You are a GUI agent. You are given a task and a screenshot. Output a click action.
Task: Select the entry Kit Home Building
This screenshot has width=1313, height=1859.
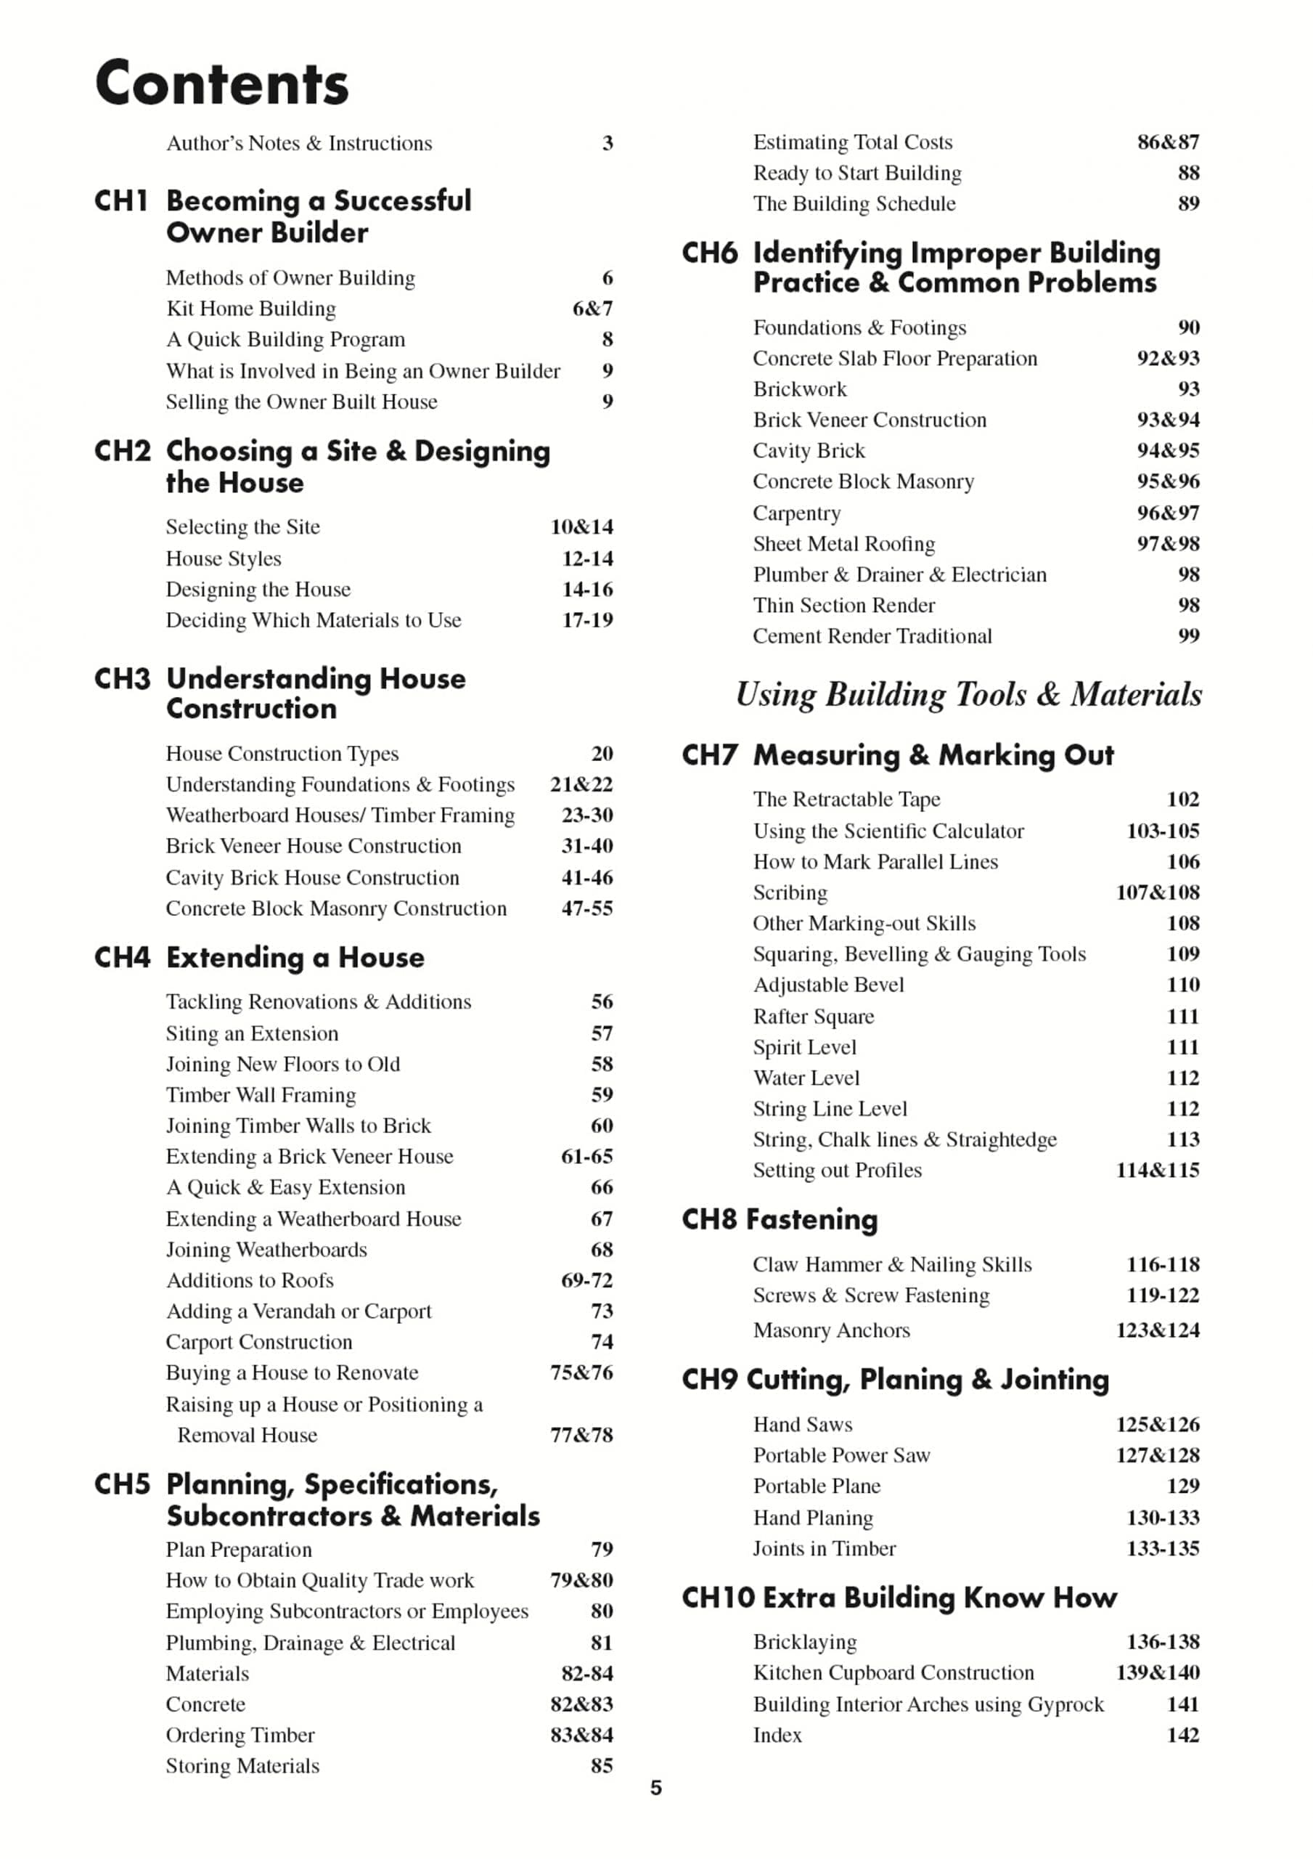251,309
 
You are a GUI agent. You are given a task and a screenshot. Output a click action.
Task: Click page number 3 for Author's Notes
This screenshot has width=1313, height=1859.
607,143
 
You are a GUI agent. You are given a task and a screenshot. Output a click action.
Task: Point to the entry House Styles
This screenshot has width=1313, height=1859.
224,558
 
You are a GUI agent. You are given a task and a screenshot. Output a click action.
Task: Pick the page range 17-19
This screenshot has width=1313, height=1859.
587,620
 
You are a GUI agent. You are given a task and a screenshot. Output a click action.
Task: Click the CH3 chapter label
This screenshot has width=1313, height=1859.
121,678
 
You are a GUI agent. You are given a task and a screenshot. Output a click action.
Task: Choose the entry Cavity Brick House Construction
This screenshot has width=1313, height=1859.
313,878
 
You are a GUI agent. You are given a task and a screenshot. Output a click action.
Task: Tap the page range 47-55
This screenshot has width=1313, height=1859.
587,908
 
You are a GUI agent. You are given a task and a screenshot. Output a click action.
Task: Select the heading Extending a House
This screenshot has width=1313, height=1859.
295,958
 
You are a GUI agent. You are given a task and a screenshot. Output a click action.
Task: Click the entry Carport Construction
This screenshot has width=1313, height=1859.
259,1343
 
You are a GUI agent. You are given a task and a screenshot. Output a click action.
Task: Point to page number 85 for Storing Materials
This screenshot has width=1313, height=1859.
602,1766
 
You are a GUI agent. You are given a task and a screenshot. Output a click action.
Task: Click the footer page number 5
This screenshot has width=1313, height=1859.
655,1788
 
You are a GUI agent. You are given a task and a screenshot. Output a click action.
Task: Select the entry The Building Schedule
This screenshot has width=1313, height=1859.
854,204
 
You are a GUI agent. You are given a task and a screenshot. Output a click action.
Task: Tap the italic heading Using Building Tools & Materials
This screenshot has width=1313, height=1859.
969,695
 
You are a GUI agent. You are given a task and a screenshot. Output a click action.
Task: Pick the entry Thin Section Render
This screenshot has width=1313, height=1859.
843,606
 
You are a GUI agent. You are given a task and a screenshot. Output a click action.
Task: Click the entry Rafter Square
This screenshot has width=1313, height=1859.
814,1017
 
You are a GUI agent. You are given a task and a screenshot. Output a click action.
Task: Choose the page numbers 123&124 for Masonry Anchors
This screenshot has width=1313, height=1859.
1158,1330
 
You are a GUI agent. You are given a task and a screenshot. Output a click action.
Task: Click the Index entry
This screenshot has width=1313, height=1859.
777,1735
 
